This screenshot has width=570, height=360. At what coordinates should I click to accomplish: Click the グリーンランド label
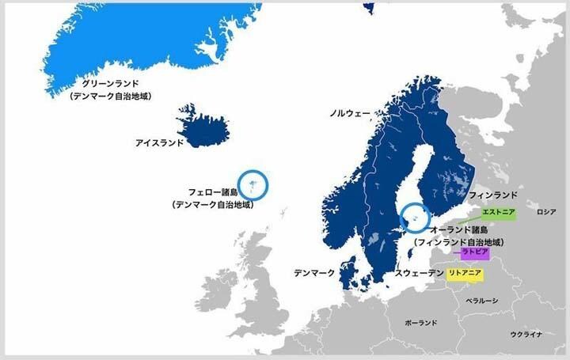point(110,83)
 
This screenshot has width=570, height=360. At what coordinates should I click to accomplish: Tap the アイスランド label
point(159,143)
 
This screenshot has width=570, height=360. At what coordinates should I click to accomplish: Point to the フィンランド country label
point(492,195)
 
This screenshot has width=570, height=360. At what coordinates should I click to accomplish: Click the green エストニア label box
point(499,214)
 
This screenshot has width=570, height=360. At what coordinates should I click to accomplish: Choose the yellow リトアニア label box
point(465,273)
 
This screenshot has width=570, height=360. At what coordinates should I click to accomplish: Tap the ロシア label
point(546,213)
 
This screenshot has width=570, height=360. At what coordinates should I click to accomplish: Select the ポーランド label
point(420,324)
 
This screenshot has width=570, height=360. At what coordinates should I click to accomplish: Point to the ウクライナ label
point(526,335)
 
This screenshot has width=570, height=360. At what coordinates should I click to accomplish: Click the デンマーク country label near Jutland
point(314,273)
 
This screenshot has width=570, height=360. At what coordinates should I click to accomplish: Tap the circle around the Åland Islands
point(414,218)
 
